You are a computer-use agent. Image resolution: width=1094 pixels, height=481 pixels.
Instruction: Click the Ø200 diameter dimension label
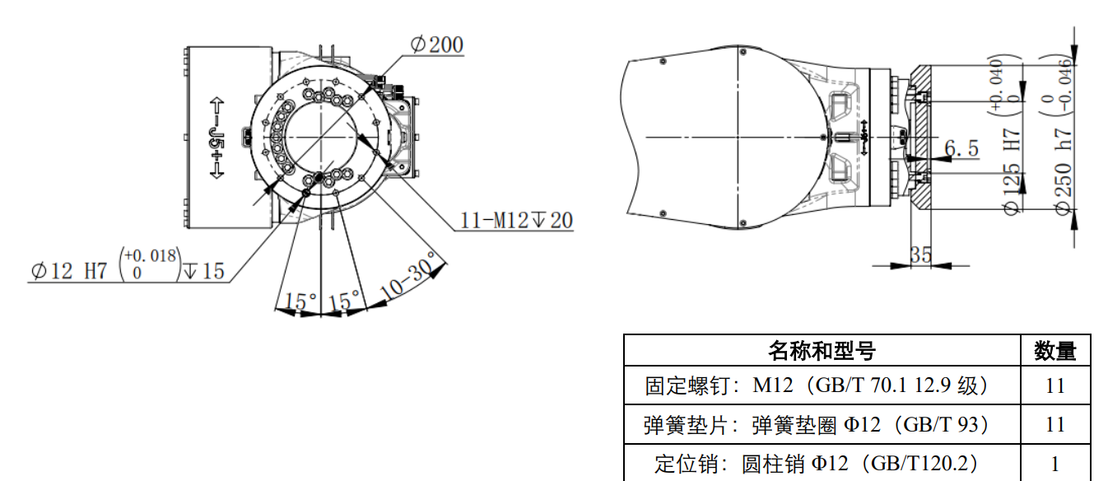click(x=436, y=44)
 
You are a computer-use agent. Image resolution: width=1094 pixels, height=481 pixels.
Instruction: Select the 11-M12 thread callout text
click(x=516, y=221)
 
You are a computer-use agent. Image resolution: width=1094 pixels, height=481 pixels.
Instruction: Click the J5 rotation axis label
click(x=216, y=138)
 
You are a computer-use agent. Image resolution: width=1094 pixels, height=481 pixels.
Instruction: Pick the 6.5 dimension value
click(x=961, y=148)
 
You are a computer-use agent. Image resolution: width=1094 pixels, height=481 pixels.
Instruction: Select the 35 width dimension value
click(x=921, y=255)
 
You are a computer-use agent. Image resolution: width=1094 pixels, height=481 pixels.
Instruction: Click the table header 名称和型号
click(x=822, y=352)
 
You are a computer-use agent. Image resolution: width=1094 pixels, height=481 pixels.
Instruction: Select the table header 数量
click(x=1055, y=352)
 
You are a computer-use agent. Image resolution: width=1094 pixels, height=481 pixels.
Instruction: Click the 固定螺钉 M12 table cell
click(x=822, y=385)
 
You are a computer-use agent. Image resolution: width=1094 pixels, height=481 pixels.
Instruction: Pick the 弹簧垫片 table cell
click(x=822, y=425)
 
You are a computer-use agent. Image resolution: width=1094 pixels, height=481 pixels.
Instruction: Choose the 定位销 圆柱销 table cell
click(x=822, y=464)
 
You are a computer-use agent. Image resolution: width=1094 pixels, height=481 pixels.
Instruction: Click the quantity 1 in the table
click(x=1055, y=464)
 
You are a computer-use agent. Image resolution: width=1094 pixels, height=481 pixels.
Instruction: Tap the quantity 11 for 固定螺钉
click(x=1055, y=385)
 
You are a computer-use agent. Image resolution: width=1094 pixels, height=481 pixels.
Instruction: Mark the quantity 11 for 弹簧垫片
click(x=1055, y=425)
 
